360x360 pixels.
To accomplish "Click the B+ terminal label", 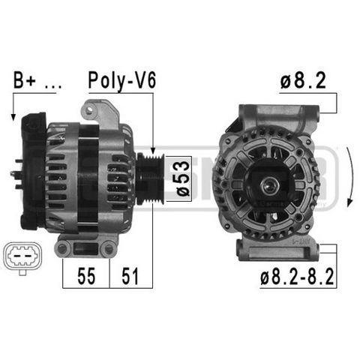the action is pos(25,80).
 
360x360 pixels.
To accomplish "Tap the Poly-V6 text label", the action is pos(122,80).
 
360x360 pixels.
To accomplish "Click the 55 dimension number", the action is pos(86,276).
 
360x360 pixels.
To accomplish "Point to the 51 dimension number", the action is pos(130,276).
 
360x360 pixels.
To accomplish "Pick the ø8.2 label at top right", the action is pos(303,80).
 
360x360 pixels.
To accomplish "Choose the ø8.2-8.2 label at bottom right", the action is pos(297,277).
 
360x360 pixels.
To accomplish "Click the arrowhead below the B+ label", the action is pos(13,117).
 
